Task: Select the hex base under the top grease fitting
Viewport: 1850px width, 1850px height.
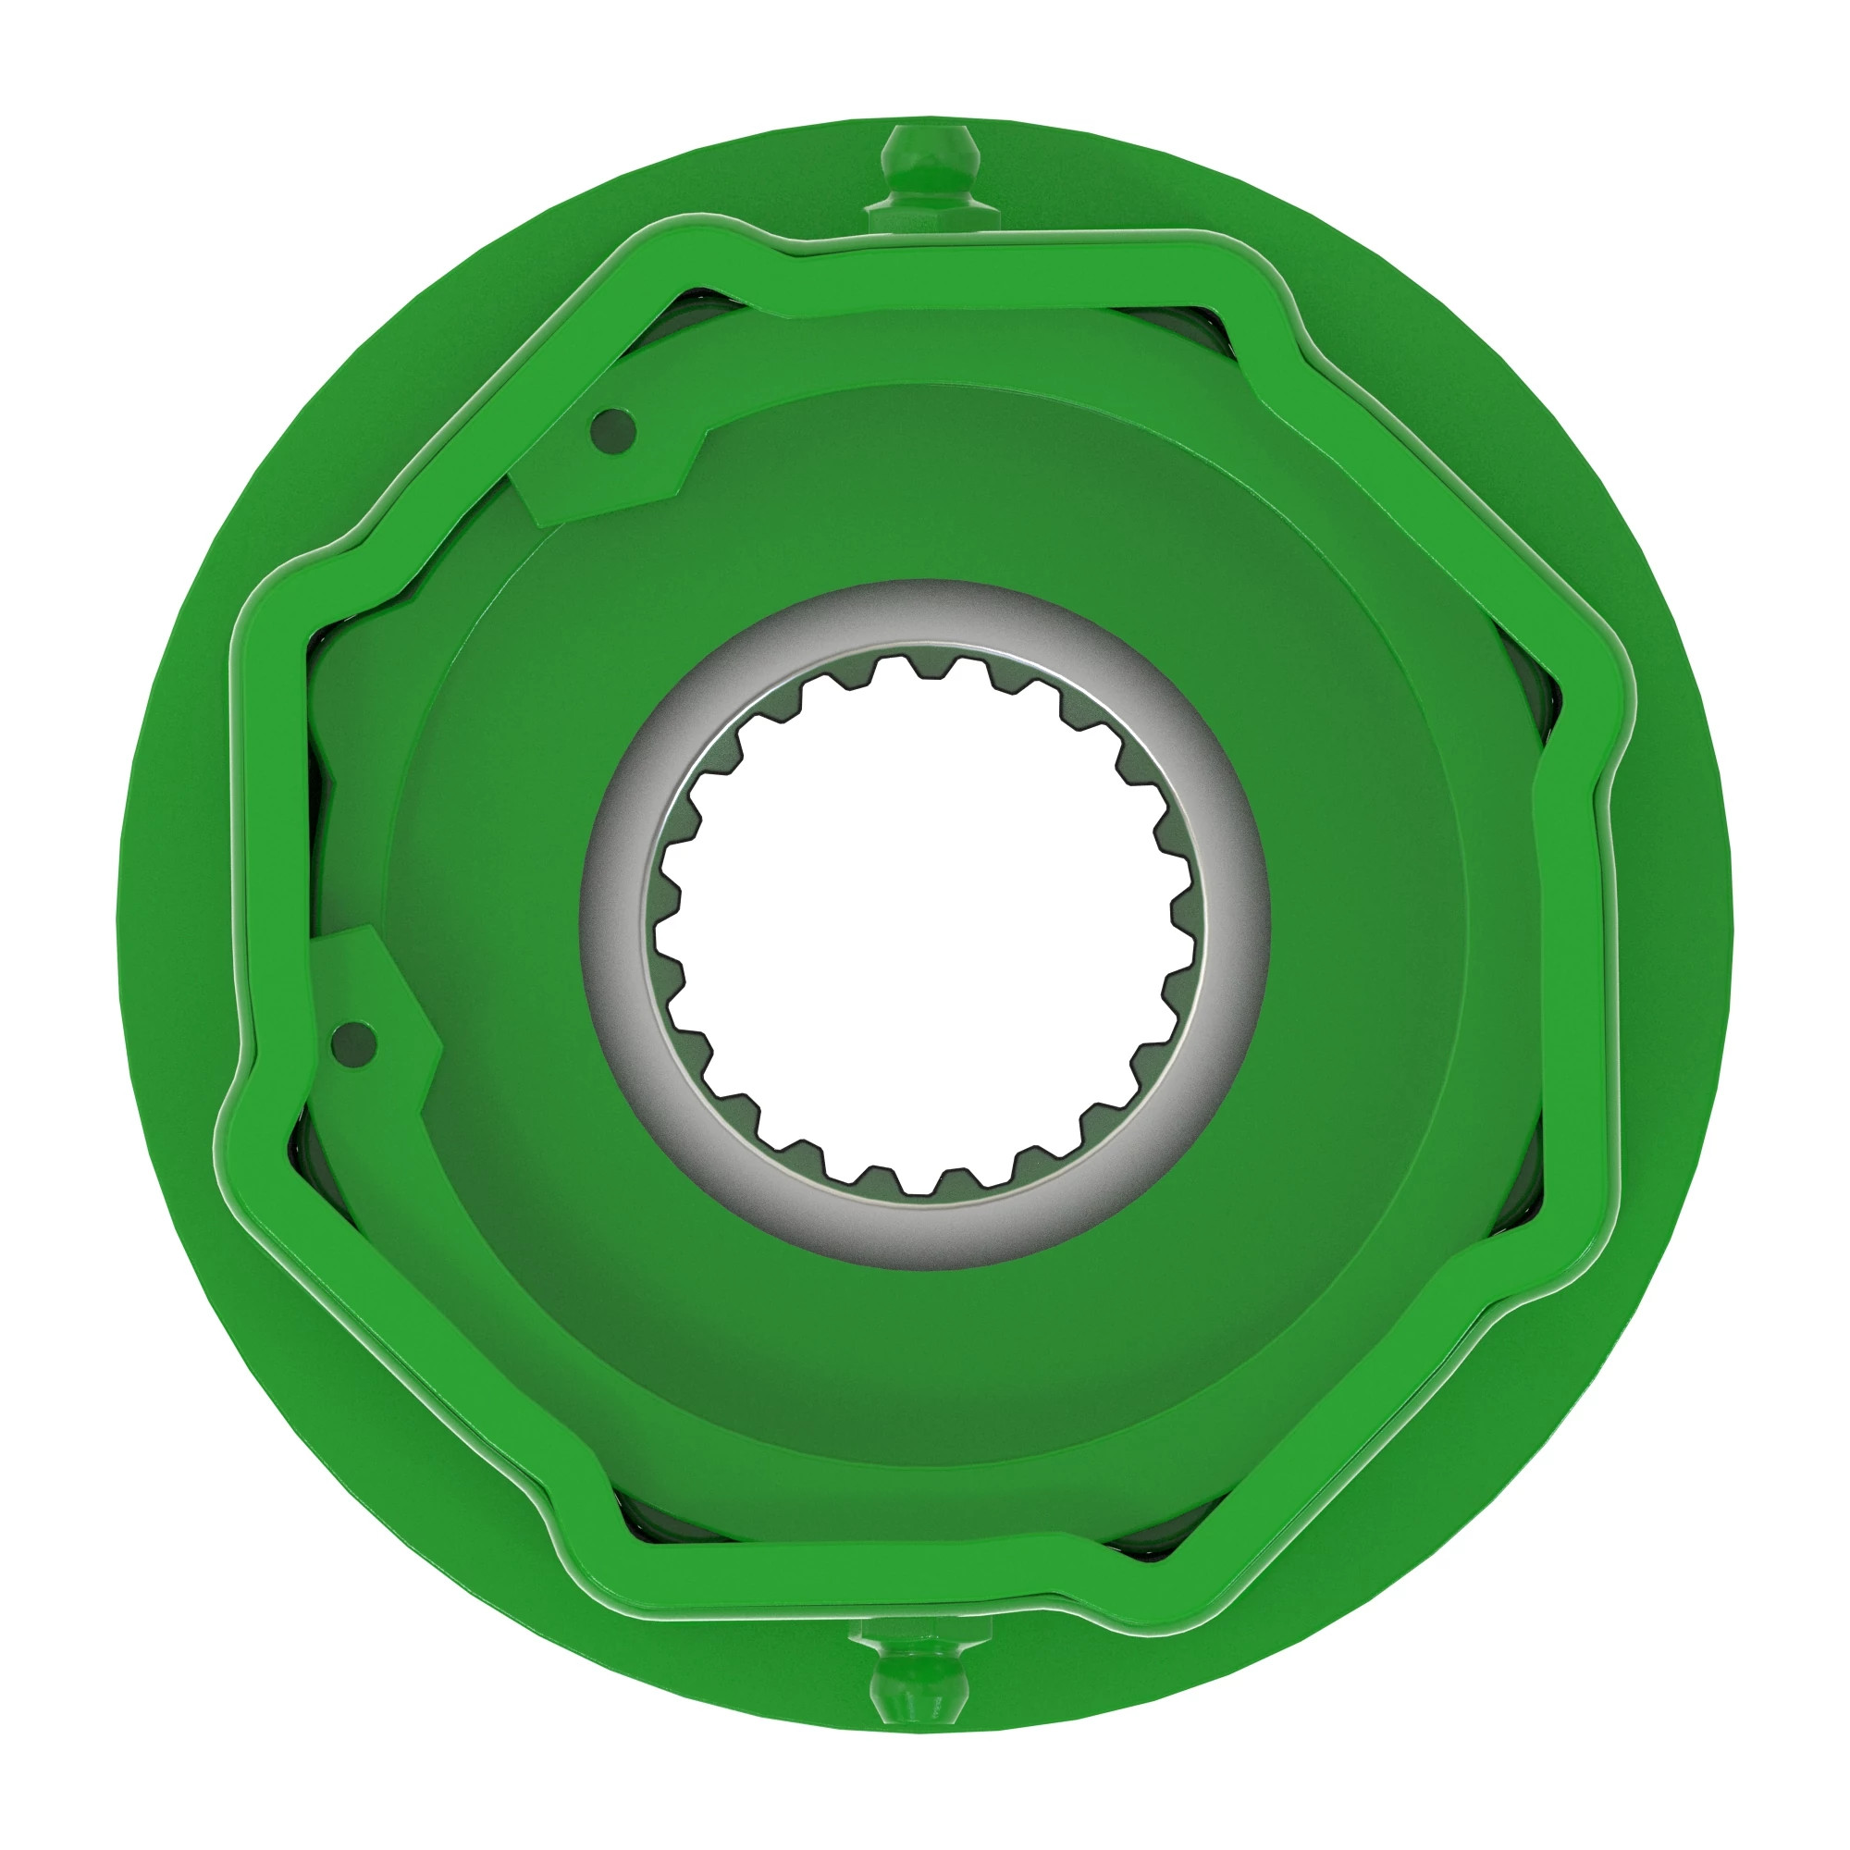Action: click(926, 216)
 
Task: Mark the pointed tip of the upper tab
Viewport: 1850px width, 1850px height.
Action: click(538, 523)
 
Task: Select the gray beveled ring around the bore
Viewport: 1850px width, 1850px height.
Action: click(924, 613)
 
